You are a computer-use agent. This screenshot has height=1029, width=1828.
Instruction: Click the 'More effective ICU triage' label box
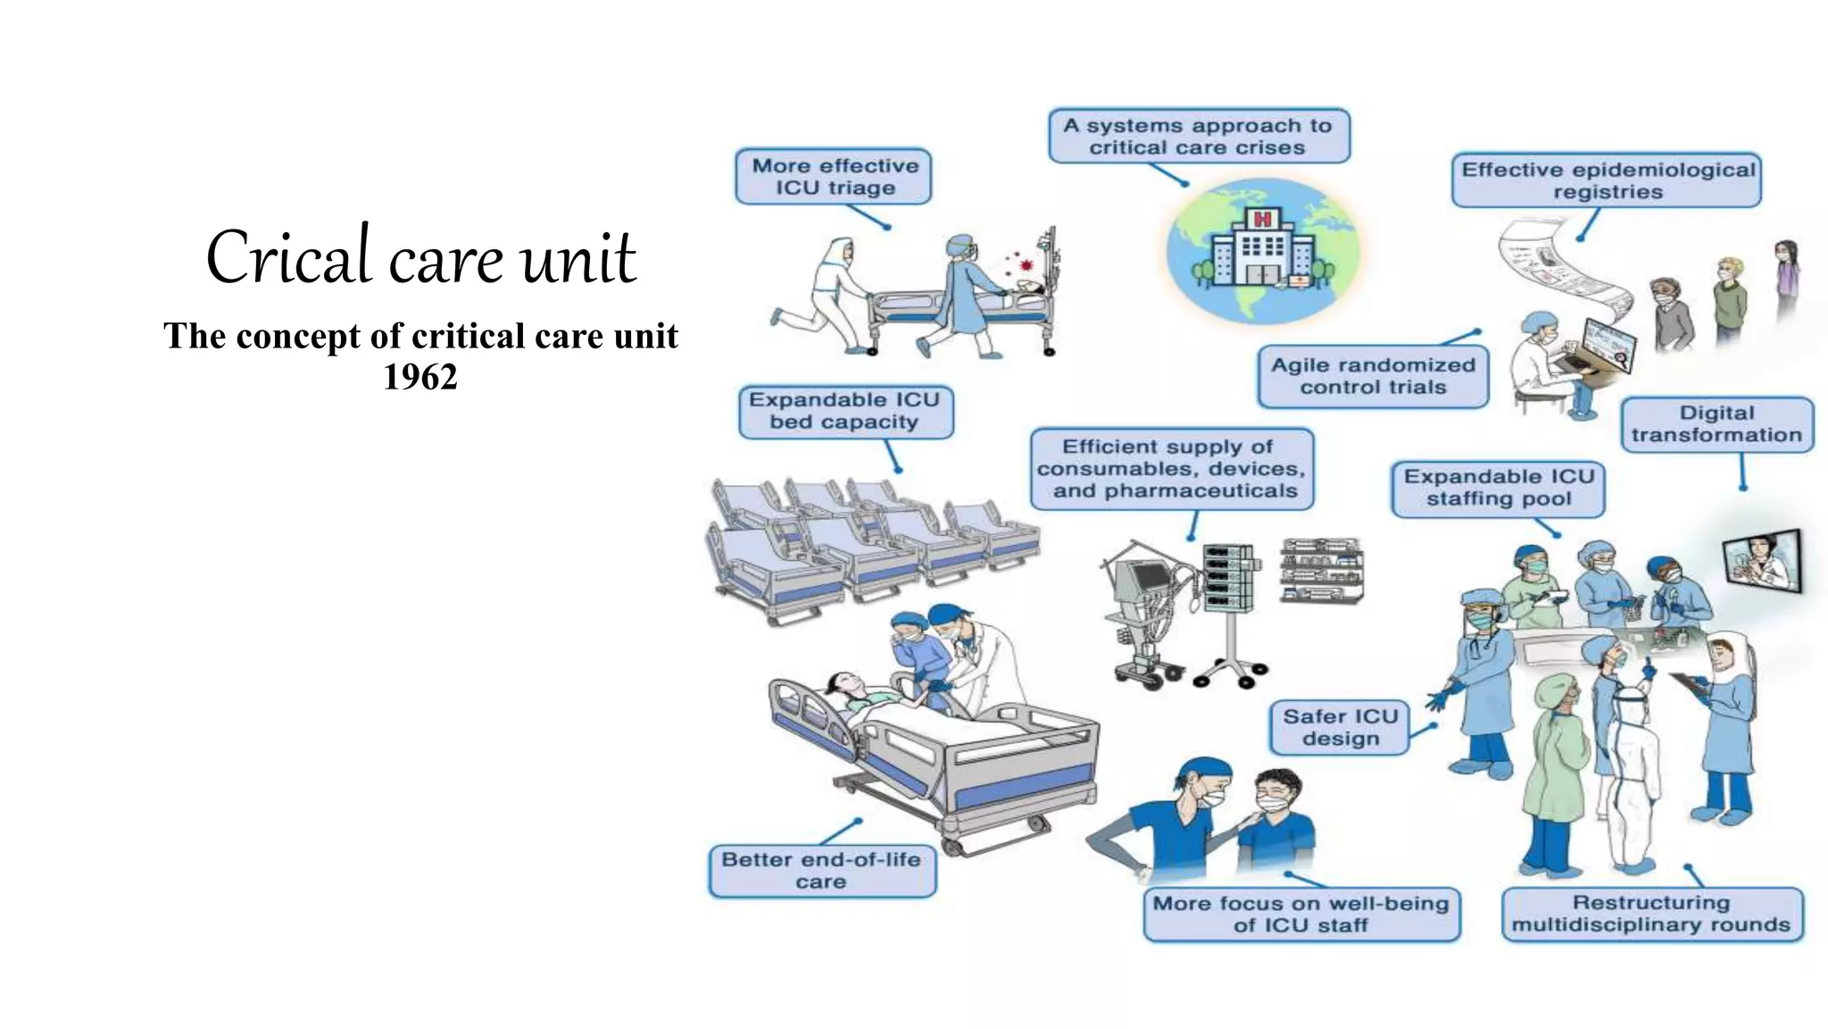tap(834, 177)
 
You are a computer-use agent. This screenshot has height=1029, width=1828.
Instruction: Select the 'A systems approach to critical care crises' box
tap(1199, 137)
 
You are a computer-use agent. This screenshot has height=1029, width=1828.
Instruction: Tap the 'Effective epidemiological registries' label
tap(1607, 180)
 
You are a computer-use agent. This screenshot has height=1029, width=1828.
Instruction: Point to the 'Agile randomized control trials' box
tap(1373, 376)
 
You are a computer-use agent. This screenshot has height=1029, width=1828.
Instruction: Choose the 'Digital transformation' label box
tap(1716, 424)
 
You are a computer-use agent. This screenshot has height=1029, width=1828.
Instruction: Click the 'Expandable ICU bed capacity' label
tap(845, 411)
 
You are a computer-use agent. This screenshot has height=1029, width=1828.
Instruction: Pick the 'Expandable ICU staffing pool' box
tap(1498, 488)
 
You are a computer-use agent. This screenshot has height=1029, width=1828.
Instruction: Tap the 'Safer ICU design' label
tap(1340, 727)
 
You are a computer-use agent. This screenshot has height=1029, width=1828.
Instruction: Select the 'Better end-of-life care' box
tap(821, 871)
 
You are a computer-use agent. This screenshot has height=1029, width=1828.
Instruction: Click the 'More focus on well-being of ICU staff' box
tap(1301, 914)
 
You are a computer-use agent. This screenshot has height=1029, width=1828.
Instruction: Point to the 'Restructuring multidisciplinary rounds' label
tap(1652, 914)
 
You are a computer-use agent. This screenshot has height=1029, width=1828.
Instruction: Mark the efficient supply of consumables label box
tap(1172, 469)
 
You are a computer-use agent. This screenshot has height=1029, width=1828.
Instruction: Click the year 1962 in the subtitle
tap(420, 377)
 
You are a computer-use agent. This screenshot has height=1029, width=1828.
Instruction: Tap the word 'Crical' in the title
tap(287, 257)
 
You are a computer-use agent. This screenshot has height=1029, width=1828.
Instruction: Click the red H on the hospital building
tap(1262, 219)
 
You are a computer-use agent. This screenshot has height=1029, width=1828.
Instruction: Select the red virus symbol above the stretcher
tap(1026, 265)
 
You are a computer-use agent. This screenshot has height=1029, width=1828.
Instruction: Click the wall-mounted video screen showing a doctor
tap(1763, 561)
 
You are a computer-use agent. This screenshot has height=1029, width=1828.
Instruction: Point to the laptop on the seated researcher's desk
tap(1607, 345)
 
